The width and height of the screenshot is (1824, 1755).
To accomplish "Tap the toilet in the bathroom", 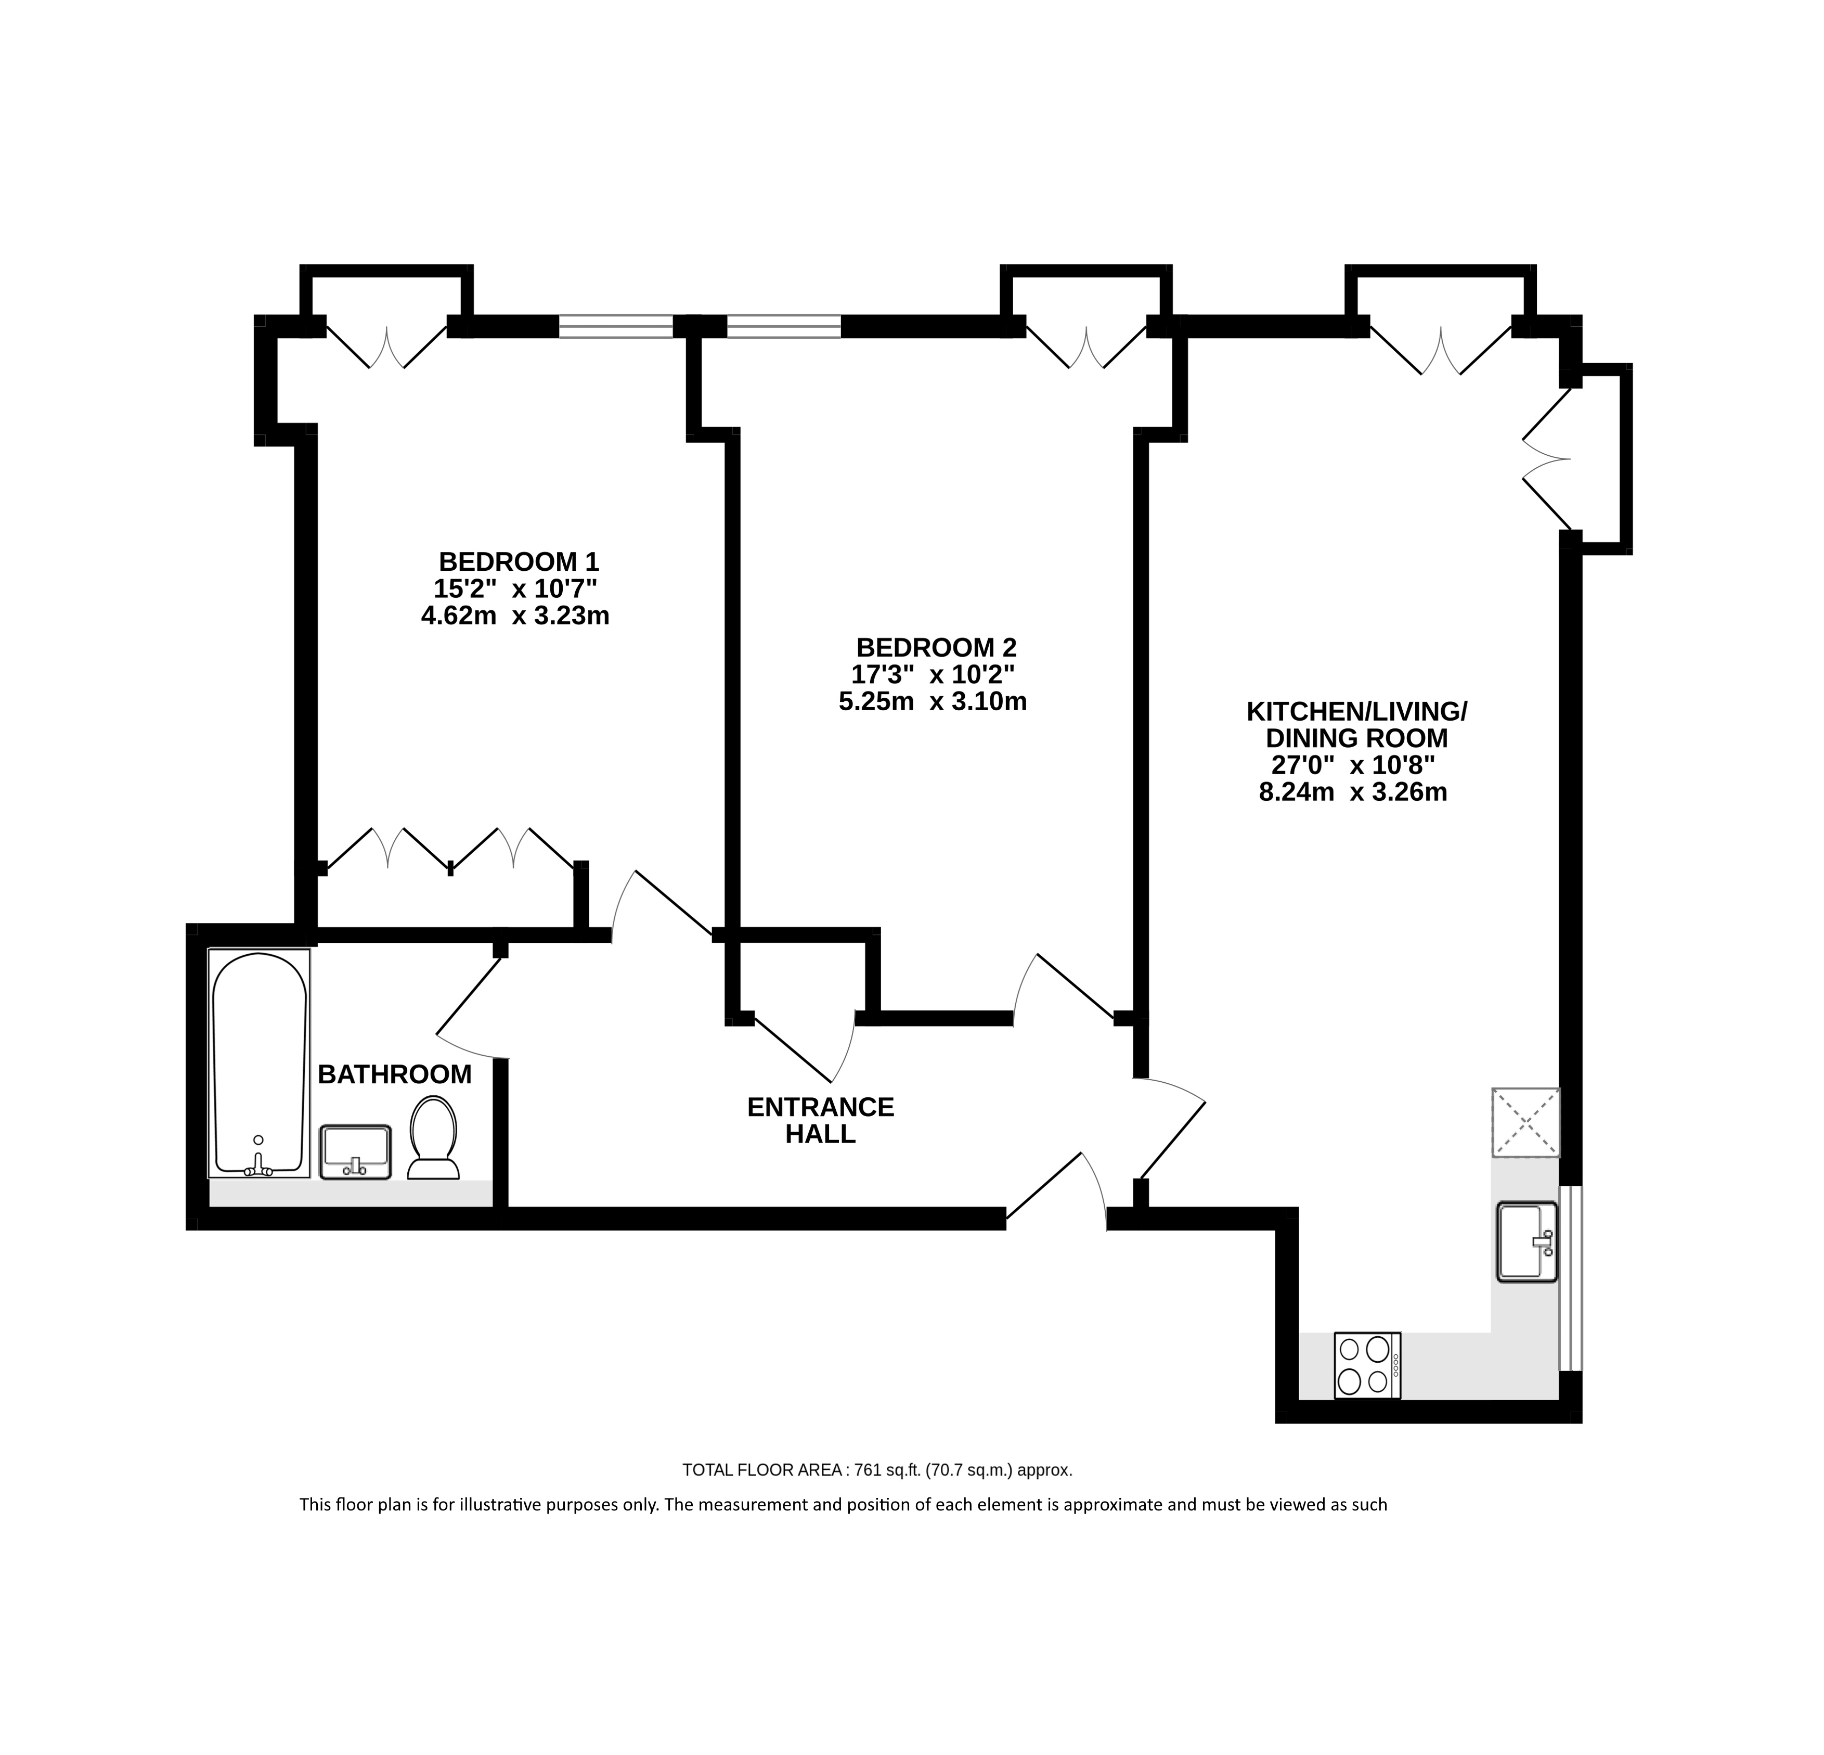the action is (x=433, y=1138).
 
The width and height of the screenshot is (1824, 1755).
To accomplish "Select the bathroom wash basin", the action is (x=356, y=1151).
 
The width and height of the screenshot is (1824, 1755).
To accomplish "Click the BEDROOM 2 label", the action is (x=936, y=647).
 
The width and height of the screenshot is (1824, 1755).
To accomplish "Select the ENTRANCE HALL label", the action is (x=821, y=1120).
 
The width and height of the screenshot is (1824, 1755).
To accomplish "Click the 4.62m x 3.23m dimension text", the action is (x=515, y=616).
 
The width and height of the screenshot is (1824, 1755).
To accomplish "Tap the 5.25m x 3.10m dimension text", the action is (x=933, y=701).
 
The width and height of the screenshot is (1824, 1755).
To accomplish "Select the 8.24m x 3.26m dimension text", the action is (x=1353, y=792).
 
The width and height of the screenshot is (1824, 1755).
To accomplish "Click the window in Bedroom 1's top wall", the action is (x=616, y=326).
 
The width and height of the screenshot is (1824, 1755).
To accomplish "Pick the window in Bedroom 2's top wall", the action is (x=784, y=326).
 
